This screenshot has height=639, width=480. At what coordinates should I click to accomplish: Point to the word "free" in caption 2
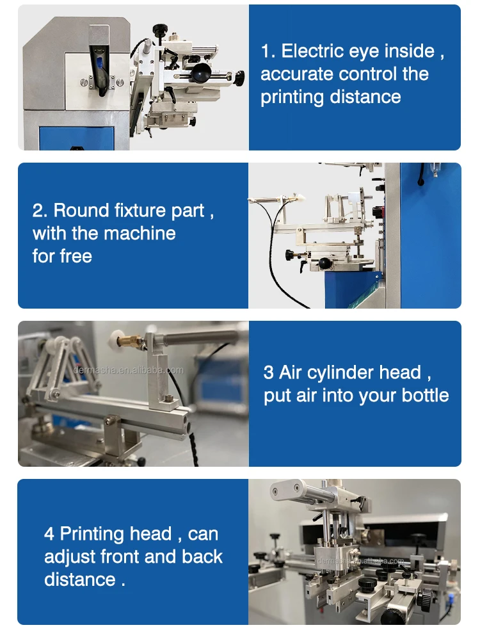point(76,256)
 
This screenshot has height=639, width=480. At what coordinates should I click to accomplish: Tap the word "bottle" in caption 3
point(425,395)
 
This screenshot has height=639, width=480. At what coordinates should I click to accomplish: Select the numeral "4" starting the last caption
point(49,534)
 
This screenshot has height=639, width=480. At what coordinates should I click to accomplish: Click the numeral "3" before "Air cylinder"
point(269,373)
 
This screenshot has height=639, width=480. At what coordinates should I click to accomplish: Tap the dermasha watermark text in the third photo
point(129,370)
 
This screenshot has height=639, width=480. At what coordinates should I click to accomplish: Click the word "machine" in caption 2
point(140,233)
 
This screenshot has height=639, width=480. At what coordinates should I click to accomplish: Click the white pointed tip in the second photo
point(301,198)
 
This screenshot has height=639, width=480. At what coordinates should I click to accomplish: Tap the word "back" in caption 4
point(202,556)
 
